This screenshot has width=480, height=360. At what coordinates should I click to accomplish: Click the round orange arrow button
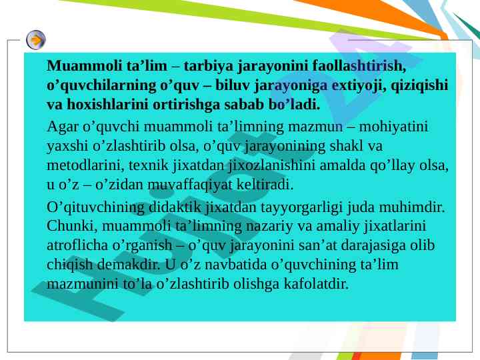click(x=36, y=40)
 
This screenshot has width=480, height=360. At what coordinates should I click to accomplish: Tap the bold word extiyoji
click(x=359, y=85)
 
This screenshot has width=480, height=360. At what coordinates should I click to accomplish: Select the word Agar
click(x=63, y=127)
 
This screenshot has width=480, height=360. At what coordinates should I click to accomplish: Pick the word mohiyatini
click(x=393, y=127)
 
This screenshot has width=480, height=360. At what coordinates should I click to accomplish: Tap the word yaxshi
click(x=67, y=146)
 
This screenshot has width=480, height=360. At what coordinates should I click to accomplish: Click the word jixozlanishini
click(x=272, y=165)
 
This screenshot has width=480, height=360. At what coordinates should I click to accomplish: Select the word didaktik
click(x=175, y=207)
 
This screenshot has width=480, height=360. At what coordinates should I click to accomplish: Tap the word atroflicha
click(x=77, y=245)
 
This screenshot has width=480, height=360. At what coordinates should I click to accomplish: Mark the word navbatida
click(x=236, y=265)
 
